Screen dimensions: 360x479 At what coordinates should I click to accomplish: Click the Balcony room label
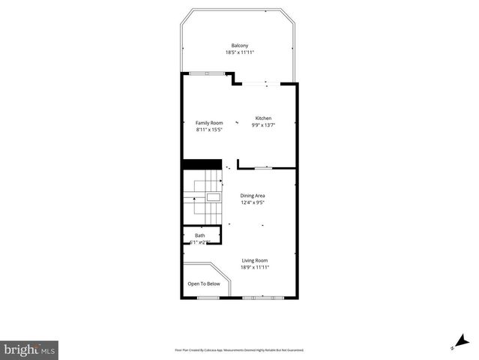(x=239, y=45)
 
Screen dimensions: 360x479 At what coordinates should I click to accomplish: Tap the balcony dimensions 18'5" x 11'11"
(x=239, y=52)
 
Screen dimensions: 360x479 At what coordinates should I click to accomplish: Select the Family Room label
(x=209, y=123)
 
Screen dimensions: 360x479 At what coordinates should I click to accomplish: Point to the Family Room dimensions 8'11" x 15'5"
(x=209, y=130)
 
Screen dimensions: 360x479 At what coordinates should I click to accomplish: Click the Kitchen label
(x=263, y=118)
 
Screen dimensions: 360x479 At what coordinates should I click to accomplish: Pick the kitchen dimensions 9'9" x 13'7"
(x=263, y=125)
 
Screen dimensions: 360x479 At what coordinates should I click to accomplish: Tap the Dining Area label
(x=253, y=196)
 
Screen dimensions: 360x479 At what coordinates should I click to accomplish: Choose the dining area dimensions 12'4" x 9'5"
(x=253, y=202)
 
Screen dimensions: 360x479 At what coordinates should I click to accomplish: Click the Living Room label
(x=254, y=260)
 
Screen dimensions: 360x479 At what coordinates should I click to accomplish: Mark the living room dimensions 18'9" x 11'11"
(x=254, y=268)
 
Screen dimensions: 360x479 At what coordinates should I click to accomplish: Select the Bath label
(x=199, y=235)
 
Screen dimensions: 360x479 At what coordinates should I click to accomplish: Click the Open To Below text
(x=204, y=283)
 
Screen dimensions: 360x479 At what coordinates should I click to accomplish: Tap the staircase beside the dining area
(x=203, y=197)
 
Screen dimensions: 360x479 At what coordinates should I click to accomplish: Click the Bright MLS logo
(x=29, y=349)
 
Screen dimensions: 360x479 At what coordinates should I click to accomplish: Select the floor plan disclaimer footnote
(x=239, y=349)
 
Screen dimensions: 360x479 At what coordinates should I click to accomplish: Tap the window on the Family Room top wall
(x=208, y=73)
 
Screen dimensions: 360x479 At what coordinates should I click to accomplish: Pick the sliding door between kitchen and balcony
(x=265, y=82)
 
